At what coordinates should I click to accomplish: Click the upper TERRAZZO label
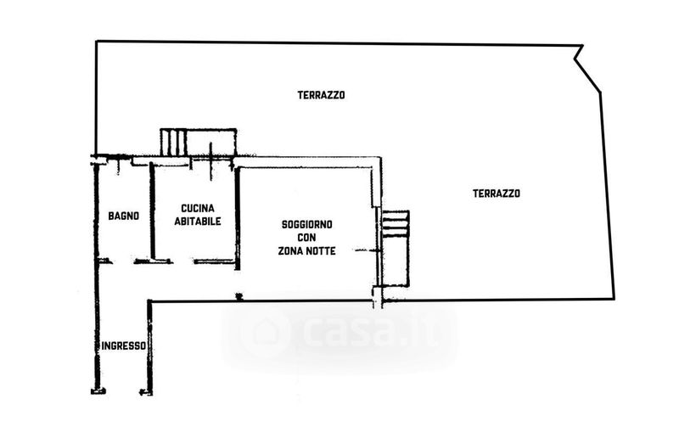320,95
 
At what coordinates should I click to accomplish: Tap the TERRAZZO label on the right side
496,194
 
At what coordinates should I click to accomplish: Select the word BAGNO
123,216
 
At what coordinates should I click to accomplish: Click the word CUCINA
198,209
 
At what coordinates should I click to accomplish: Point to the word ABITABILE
198,222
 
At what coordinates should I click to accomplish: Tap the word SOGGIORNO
307,224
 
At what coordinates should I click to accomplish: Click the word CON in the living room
307,238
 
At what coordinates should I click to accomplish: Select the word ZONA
290,251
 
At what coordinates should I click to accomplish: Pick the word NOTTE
322,251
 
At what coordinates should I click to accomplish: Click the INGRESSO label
124,346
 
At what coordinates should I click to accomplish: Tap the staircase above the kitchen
173,141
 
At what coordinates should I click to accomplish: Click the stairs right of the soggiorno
395,225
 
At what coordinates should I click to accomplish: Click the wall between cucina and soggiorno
238,216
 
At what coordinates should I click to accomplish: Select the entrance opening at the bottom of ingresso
121,391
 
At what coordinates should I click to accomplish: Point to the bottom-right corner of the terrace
613,297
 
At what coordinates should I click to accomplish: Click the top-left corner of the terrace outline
95,42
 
